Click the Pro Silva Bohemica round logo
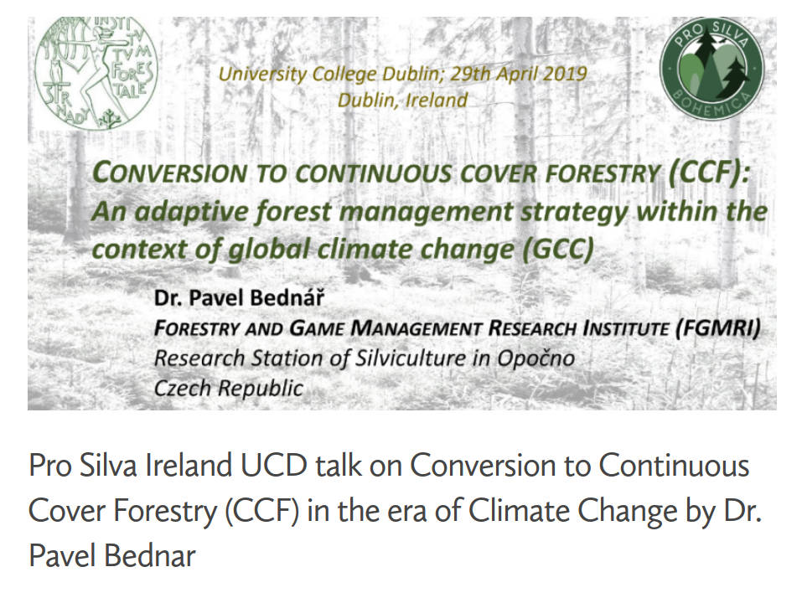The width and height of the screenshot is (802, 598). point(711,69)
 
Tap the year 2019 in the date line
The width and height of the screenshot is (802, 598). point(564,74)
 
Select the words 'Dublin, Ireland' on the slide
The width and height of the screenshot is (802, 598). point(402,100)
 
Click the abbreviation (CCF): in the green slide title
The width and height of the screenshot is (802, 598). point(709,172)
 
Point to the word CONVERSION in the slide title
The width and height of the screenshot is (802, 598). point(170,173)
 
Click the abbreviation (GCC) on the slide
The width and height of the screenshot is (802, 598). point(558,250)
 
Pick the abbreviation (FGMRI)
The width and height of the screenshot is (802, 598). point(717,327)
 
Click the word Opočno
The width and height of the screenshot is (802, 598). point(536,358)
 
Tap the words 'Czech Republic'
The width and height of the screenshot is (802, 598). point(229,389)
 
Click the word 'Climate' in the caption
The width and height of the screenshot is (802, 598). point(519,511)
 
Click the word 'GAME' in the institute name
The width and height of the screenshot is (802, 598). point(317,328)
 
